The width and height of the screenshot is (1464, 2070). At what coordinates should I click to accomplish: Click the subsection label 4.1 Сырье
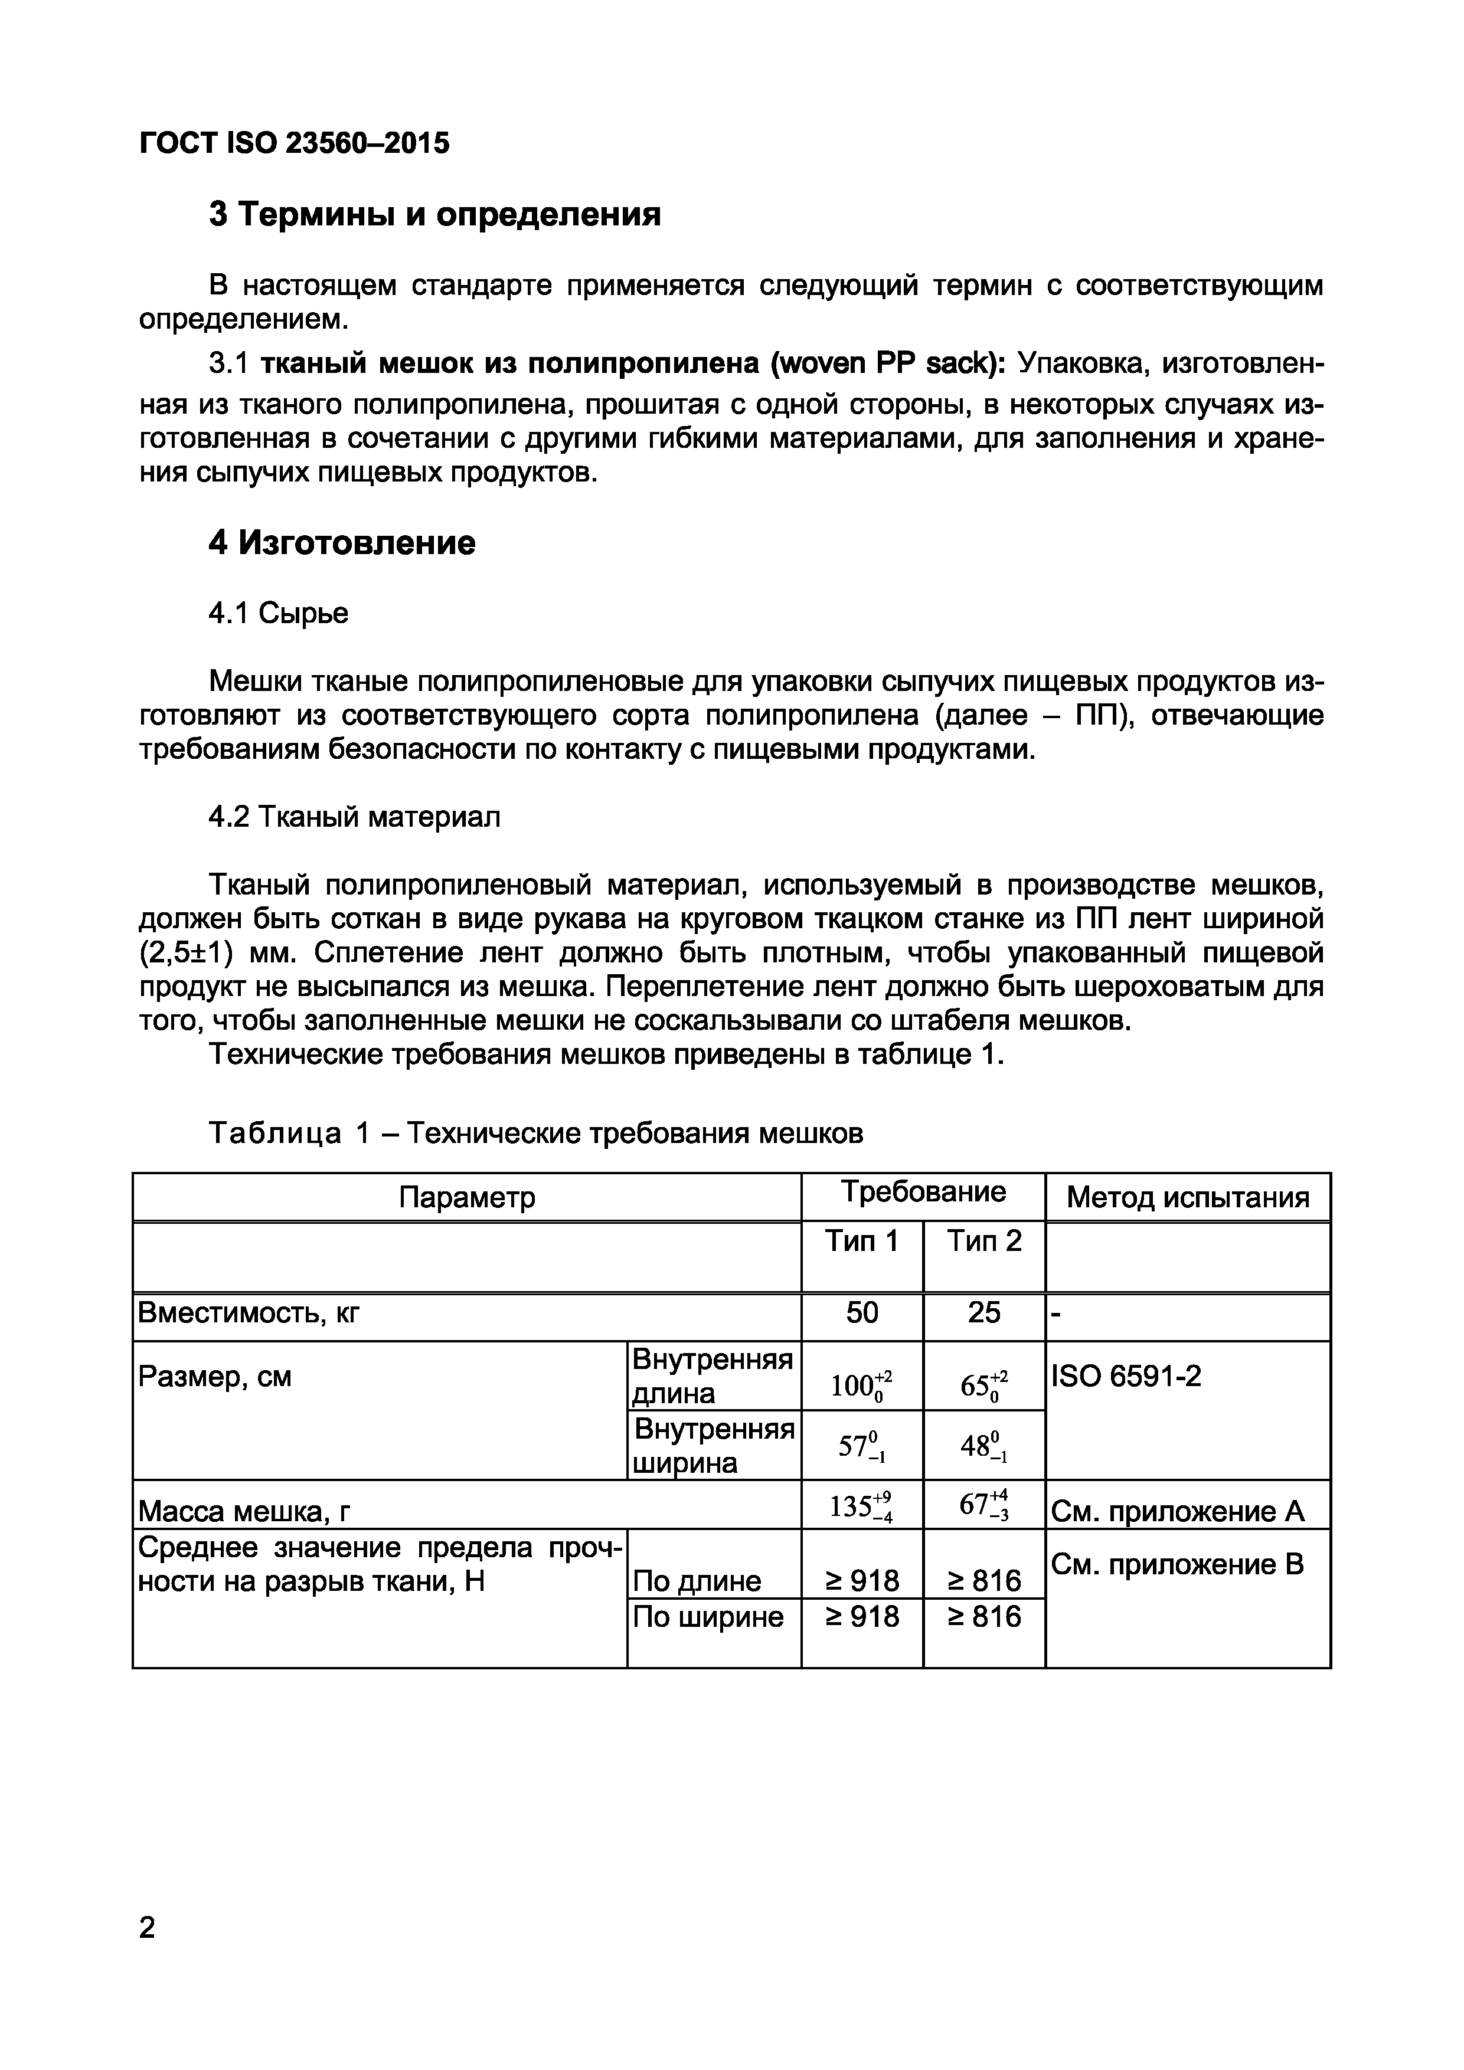(278, 613)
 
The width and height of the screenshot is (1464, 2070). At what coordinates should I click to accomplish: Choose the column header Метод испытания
(1187, 1197)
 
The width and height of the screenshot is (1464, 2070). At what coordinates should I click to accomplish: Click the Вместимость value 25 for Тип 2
(983, 1313)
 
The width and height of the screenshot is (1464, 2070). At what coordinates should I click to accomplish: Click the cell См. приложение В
(1177, 1565)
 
